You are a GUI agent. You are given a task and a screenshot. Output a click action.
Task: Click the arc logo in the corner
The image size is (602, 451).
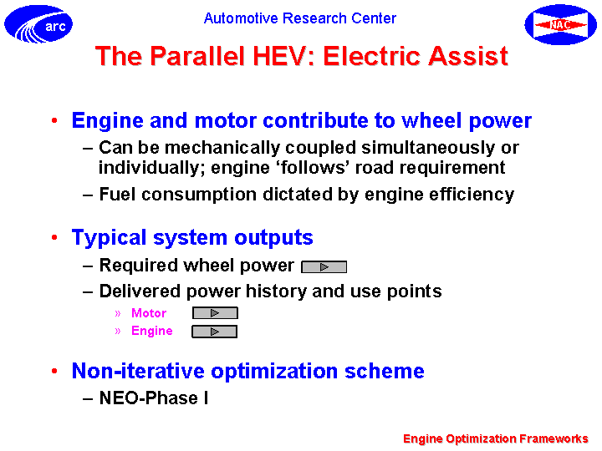point(38,23)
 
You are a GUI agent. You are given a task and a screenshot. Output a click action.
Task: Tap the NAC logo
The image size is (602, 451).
point(560,24)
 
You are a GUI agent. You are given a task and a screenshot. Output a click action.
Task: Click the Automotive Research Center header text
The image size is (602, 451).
point(300,18)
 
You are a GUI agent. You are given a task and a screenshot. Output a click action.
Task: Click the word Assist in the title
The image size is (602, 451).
point(468,56)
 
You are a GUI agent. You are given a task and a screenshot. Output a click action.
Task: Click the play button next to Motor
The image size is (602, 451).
point(215,313)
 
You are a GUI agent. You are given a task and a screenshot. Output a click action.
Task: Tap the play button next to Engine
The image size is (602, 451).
point(215,332)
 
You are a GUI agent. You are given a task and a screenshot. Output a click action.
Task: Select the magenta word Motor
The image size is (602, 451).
point(149,313)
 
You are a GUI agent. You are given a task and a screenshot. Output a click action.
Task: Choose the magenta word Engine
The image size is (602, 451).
point(151,332)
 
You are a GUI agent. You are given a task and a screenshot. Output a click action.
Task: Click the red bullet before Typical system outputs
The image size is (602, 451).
point(54,238)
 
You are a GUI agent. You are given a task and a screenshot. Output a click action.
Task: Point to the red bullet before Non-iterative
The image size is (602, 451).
point(54,371)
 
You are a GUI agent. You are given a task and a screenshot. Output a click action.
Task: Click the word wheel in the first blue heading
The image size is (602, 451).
point(431,120)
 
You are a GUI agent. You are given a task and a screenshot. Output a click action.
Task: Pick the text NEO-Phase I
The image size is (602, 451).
point(154,398)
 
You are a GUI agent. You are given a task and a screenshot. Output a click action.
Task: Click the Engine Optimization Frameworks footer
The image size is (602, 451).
point(496,438)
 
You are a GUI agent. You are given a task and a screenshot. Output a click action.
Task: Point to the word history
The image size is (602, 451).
point(276,291)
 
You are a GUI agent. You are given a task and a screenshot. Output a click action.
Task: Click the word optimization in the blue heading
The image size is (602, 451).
point(274,371)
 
